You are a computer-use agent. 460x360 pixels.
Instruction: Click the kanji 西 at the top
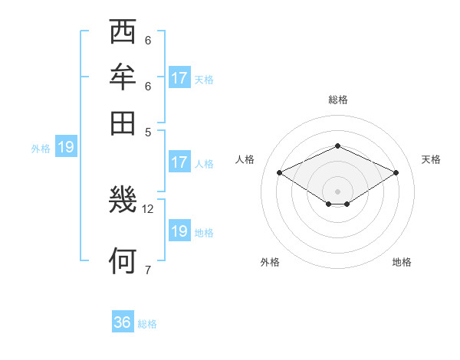pyautogui.click(x=123, y=32)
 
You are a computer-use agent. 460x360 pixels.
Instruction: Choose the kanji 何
pyautogui.click(x=123, y=260)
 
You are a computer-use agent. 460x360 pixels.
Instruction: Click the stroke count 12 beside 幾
pyautogui.click(x=148, y=208)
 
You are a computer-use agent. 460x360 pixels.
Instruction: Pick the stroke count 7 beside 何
pyautogui.click(x=147, y=269)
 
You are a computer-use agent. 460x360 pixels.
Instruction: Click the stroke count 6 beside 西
pyautogui.click(x=147, y=41)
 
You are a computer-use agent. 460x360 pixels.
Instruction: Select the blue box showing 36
pyautogui.click(x=123, y=322)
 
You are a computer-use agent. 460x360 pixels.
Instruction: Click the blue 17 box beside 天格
pyautogui.click(x=179, y=77)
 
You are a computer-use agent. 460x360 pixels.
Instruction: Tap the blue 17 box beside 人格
pyautogui.click(x=179, y=162)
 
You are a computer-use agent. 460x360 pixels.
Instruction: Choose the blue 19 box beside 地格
pyautogui.click(x=179, y=231)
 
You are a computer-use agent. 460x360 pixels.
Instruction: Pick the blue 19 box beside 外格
pyautogui.click(x=66, y=147)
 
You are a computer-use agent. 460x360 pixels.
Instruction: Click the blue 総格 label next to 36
pyautogui.click(x=147, y=324)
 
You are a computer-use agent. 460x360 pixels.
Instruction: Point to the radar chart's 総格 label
pyautogui.click(x=337, y=100)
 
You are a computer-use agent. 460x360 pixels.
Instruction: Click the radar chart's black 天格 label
pyautogui.click(x=431, y=159)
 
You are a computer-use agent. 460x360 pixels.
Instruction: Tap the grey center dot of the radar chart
pyautogui.click(x=337, y=190)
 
